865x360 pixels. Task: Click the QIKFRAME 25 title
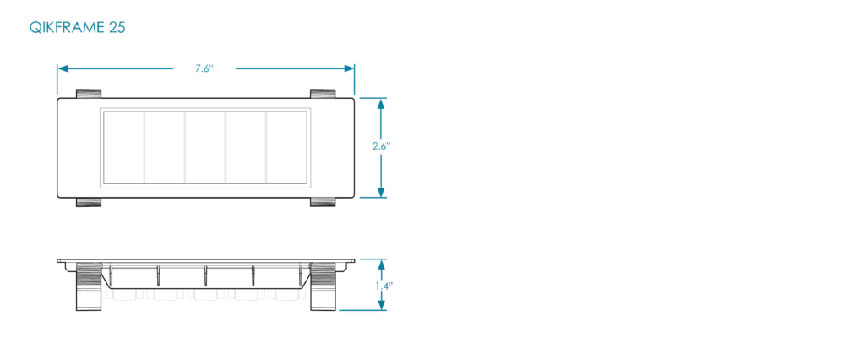tap(77, 28)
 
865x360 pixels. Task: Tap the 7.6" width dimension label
tap(204, 69)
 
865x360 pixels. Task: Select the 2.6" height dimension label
tap(381, 145)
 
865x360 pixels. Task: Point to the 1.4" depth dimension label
tap(384, 286)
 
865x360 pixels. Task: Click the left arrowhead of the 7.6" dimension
tap(63, 68)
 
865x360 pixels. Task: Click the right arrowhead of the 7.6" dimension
tap(349, 68)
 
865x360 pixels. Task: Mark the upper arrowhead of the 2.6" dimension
tap(381, 103)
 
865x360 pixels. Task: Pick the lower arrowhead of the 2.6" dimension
tap(381, 192)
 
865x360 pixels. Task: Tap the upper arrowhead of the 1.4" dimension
tap(381, 264)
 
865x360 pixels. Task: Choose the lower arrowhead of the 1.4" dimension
tap(381, 305)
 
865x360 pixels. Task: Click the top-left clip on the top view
tap(88, 93)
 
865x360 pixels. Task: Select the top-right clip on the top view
tap(323, 93)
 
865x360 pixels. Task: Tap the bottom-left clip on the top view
tap(88, 202)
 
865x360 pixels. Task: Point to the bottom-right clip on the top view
tap(323, 202)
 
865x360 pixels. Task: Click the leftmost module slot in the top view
tap(124, 147)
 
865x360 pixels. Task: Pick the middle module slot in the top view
tap(205, 147)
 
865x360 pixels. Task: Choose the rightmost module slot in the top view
tap(286, 147)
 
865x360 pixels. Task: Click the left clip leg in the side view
tap(88, 286)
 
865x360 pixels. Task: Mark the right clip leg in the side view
tap(323, 286)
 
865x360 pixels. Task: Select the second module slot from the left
tap(165, 147)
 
